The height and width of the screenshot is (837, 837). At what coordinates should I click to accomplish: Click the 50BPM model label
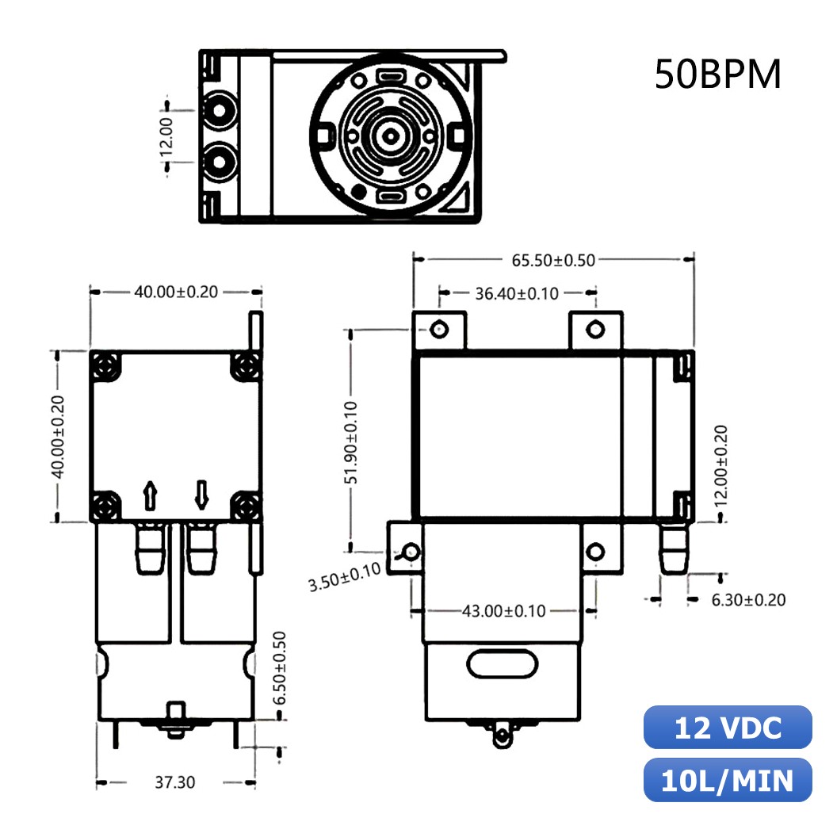717,75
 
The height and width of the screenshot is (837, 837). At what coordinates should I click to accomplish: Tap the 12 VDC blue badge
728,728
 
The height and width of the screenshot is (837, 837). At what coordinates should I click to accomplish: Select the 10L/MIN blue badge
728,781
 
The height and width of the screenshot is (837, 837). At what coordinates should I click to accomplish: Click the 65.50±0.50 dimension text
553,259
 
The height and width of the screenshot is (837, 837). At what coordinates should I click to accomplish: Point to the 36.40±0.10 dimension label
517,293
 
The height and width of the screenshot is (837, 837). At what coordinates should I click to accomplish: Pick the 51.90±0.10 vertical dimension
352,441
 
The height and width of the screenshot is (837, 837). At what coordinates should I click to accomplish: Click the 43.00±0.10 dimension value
503,611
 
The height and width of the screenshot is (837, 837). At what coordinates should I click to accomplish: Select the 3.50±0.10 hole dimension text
344,578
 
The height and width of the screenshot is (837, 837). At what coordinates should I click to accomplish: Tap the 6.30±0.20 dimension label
748,600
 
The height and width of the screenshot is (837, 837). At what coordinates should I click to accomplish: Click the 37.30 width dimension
174,782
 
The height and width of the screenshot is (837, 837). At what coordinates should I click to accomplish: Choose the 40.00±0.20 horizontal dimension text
175,292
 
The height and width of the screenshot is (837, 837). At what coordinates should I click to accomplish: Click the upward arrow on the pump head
150,496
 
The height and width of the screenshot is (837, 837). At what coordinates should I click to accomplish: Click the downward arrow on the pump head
201,495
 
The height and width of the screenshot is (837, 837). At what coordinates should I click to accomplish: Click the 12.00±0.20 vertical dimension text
720,465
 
